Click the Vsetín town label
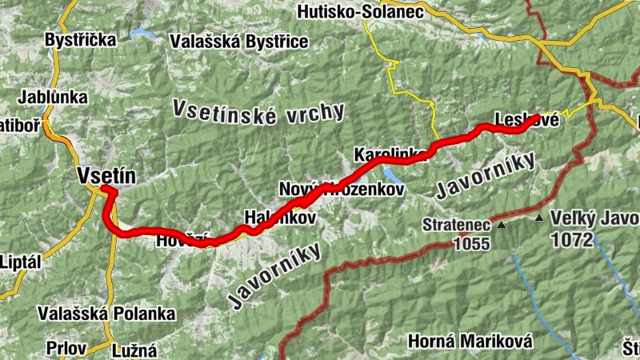(x=107, y=175)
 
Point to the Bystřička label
(x=81, y=39)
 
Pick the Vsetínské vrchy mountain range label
(x=258, y=113)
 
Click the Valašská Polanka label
(x=106, y=314)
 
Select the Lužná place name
(x=135, y=349)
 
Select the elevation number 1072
(x=573, y=239)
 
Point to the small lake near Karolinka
(x=390, y=173)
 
